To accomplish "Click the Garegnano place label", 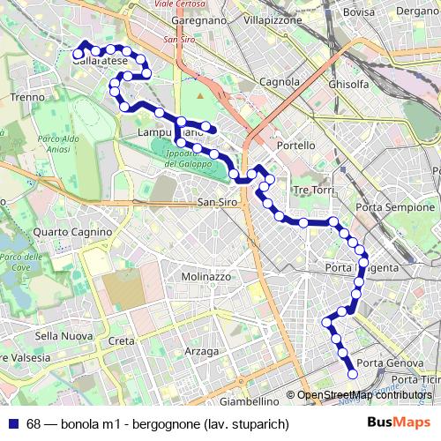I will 201,19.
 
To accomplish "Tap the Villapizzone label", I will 273,19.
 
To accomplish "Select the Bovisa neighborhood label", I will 359,11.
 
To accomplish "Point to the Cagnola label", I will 280,82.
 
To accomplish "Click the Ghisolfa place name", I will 348,84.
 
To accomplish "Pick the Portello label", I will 295,145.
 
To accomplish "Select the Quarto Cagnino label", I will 64,232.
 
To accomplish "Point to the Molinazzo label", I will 206,276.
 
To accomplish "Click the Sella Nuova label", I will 64,336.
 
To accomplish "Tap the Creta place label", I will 122,340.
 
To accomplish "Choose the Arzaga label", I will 202,351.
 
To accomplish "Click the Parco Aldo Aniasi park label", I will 59,145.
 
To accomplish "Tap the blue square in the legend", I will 13,424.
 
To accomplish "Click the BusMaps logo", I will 399,422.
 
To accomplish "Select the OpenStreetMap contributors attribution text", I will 364,395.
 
